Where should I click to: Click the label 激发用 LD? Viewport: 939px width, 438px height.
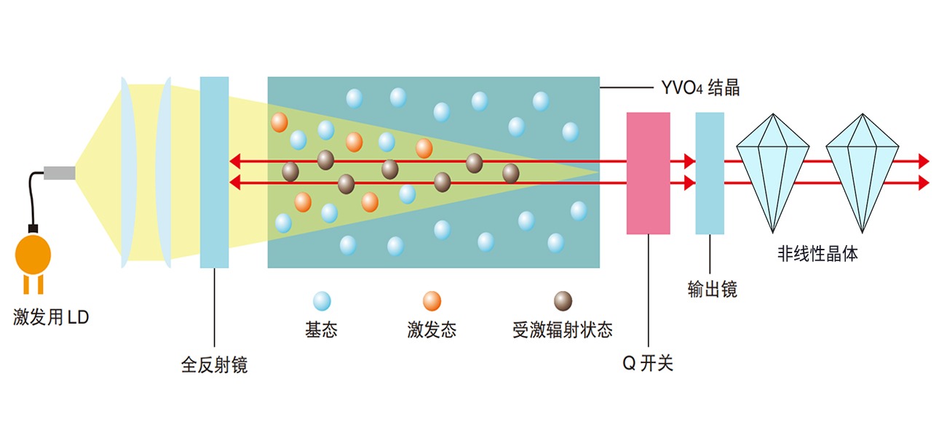click(x=51, y=318)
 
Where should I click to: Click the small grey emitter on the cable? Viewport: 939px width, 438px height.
click(x=59, y=172)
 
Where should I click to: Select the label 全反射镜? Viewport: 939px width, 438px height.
click(x=214, y=364)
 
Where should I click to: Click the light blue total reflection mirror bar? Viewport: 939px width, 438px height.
click(x=214, y=172)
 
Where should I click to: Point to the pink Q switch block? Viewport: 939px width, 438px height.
click(x=648, y=173)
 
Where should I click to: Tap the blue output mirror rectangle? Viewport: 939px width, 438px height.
click(x=710, y=173)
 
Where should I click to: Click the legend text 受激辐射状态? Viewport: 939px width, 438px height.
click(x=563, y=330)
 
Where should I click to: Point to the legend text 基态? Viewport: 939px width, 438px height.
click(x=321, y=330)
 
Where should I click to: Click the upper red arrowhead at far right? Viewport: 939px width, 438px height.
click(x=924, y=161)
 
